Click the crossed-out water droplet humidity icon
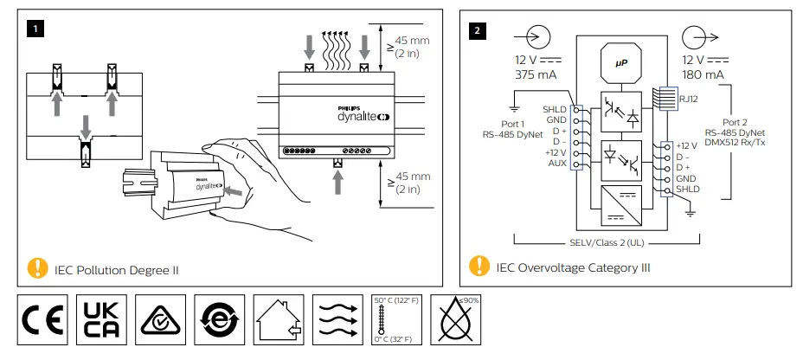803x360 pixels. pyautogui.click(x=456, y=320)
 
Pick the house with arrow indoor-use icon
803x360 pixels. pyautogui.click(x=279, y=320)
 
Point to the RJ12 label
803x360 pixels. pyautogui.click(x=689, y=100)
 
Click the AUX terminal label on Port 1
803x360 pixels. pyautogui.click(x=556, y=163)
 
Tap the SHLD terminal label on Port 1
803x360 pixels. pyautogui.click(x=554, y=109)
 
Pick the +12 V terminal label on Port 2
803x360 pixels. pyautogui.click(x=687, y=145)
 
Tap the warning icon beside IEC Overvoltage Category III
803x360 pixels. pyautogui.click(x=479, y=267)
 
